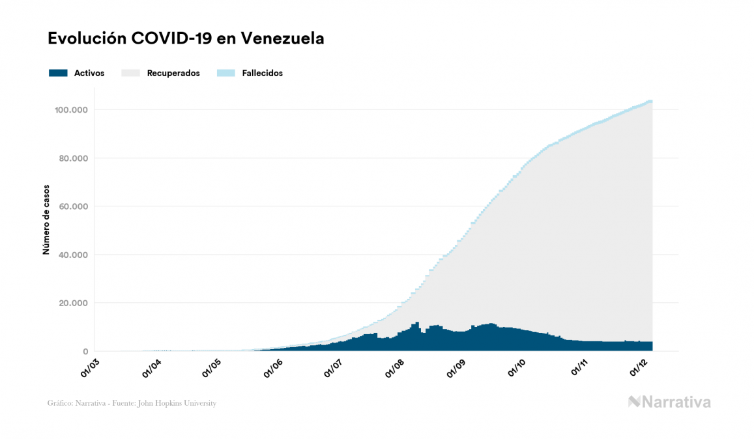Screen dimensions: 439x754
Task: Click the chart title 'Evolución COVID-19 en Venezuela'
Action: (186, 39)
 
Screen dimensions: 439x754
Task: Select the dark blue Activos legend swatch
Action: (58, 73)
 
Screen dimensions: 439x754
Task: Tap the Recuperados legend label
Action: (173, 74)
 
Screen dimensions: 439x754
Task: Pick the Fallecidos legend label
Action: (262, 74)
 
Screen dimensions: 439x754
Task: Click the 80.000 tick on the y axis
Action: (72, 158)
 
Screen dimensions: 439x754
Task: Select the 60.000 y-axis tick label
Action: (72, 206)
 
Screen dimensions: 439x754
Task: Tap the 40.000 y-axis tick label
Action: (72, 255)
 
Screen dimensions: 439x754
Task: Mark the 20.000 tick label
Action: (72, 303)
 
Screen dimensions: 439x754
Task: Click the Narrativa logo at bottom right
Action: (669, 402)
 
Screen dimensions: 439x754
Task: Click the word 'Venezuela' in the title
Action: (282, 39)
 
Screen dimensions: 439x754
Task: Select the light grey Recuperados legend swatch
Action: (130, 73)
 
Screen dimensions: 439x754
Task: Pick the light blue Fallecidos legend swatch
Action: (225, 73)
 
